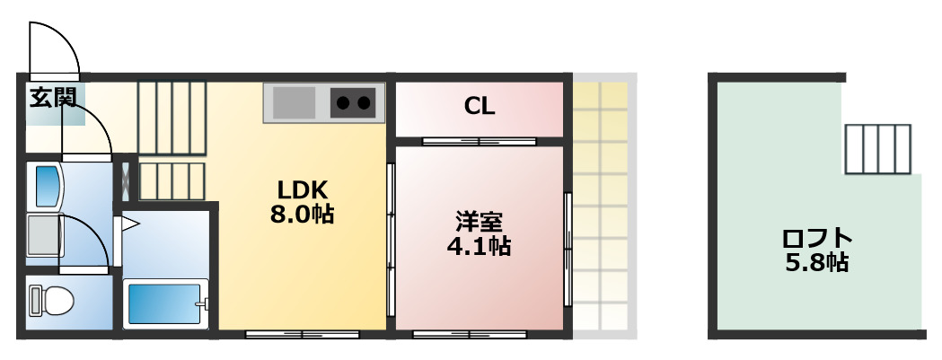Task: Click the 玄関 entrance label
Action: point(51,97)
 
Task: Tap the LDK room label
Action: point(302,190)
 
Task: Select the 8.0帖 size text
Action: point(302,215)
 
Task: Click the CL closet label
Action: point(479,106)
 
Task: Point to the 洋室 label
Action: point(479,221)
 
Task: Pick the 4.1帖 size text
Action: point(479,246)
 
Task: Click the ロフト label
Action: point(815,239)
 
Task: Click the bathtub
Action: point(165,303)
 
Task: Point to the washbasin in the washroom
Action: point(46,185)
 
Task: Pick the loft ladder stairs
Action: point(877,148)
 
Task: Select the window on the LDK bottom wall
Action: point(302,335)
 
